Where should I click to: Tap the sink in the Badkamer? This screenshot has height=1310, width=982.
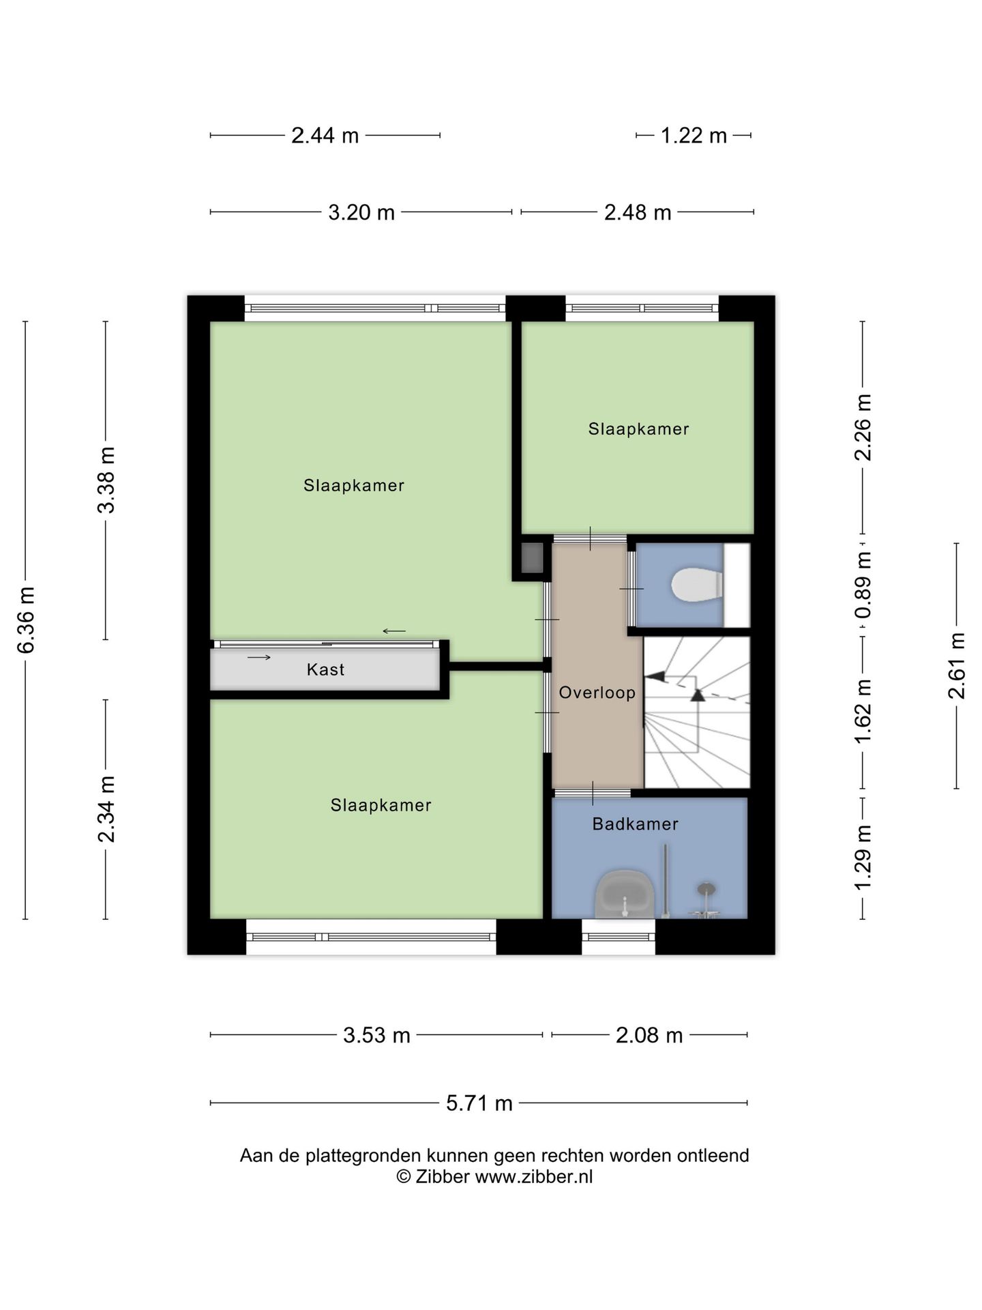click(625, 894)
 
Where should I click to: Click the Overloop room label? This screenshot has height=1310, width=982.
click(597, 693)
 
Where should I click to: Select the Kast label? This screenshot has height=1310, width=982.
click(325, 669)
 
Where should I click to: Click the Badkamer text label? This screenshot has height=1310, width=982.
click(636, 824)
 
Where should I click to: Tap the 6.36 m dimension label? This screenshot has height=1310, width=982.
click(26, 620)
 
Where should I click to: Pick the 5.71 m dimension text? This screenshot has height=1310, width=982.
click(479, 1103)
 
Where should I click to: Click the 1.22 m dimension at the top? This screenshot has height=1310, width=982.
click(694, 136)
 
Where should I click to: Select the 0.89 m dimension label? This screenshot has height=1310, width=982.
click(863, 585)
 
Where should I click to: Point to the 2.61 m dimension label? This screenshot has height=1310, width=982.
click(957, 666)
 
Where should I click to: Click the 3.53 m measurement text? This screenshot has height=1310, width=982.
click(376, 1035)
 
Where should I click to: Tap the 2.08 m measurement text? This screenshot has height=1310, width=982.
click(649, 1035)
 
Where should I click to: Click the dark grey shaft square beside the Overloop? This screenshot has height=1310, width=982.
click(532, 557)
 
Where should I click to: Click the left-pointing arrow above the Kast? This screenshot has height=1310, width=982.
click(394, 631)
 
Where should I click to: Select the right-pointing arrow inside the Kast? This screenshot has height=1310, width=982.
click(259, 657)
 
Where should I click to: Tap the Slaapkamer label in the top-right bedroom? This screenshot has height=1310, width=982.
click(639, 428)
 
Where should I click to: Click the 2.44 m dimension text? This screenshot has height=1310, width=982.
click(325, 136)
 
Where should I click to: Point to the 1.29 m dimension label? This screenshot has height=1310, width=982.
click(863, 858)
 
